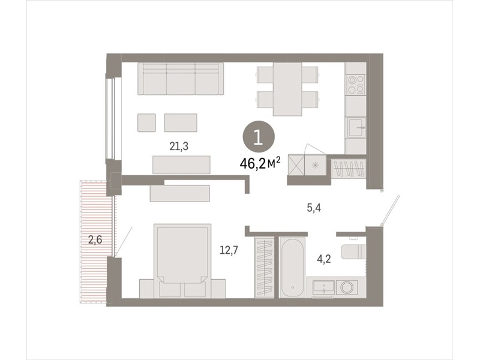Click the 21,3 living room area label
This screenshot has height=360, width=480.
tap(179, 146)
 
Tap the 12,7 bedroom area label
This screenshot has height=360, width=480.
tap(229, 250)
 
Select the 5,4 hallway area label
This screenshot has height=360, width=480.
tap(314, 208)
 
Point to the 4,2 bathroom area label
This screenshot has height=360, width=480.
tap(324, 260)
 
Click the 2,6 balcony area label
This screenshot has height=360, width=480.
tap(95, 239)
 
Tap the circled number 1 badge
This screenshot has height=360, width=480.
tap(259, 137)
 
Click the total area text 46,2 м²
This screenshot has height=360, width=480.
tap(260, 163)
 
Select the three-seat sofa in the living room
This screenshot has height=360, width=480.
tap(181, 79)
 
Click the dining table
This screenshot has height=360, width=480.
tap(287, 89)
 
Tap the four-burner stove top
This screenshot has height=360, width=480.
tap(356, 85)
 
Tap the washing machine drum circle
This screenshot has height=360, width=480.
tap(347, 287)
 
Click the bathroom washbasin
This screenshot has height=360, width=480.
tap(323, 287)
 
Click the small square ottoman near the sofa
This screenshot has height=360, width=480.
tap(146, 123)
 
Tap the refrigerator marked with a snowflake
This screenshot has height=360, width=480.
tap(316, 166)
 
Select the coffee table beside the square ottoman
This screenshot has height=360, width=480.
tap(181, 123)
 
